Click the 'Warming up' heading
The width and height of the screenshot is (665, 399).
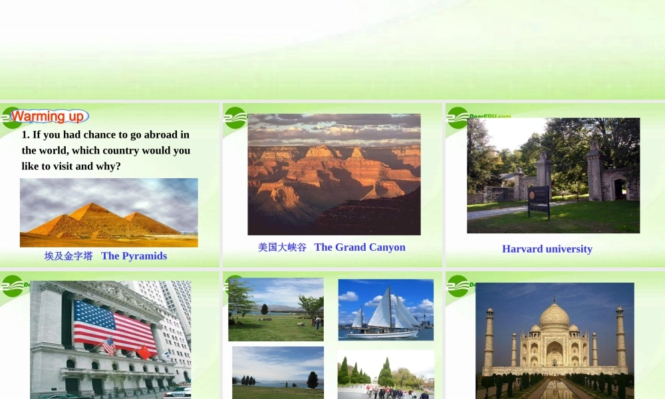pyautogui.click(x=48, y=116)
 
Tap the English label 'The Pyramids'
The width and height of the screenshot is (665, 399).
pyautogui.click(x=134, y=256)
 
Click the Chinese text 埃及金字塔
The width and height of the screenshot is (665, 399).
pyautogui.click(x=68, y=256)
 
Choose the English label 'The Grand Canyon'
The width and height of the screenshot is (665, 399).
pyautogui.click(x=360, y=247)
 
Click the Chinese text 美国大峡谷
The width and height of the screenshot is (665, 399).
pyautogui.click(x=282, y=247)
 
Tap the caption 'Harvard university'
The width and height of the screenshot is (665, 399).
pyautogui.click(x=547, y=249)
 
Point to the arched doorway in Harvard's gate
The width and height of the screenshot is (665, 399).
pyautogui.click(x=620, y=189)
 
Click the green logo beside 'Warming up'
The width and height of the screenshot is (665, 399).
pyautogui.click(x=11, y=118)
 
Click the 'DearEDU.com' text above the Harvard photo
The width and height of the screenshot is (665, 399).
pyautogui.click(x=490, y=116)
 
